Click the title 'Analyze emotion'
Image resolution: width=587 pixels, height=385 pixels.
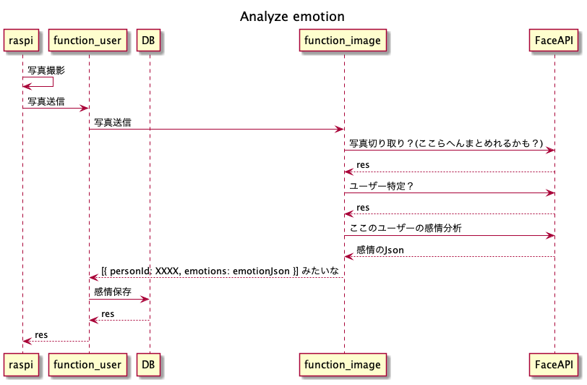click(x=292, y=17)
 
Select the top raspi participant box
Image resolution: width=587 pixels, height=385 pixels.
click(x=21, y=40)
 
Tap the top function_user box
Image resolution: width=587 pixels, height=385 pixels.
click(x=87, y=40)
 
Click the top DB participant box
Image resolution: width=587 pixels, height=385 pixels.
click(x=148, y=40)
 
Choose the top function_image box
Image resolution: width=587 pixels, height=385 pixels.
click(x=343, y=40)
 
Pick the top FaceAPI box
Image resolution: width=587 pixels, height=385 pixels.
click(x=554, y=40)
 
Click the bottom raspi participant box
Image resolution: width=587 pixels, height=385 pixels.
click(x=21, y=365)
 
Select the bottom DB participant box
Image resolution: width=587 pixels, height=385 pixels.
click(x=148, y=365)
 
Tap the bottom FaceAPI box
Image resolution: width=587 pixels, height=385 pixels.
click(x=554, y=365)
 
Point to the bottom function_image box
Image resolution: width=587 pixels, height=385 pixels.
click(x=343, y=365)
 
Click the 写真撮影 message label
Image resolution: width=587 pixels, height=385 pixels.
click(x=46, y=70)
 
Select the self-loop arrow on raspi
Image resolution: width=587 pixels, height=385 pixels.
click(x=53, y=82)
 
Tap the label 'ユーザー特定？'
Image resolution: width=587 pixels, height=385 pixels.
click(x=382, y=186)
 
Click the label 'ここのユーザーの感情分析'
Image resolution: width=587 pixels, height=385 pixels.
click(x=406, y=228)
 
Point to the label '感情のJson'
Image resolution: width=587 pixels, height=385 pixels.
click(x=380, y=250)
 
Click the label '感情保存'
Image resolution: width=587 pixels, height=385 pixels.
click(x=113, y=291)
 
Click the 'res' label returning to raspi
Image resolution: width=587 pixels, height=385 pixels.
click(x=41, y=334)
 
